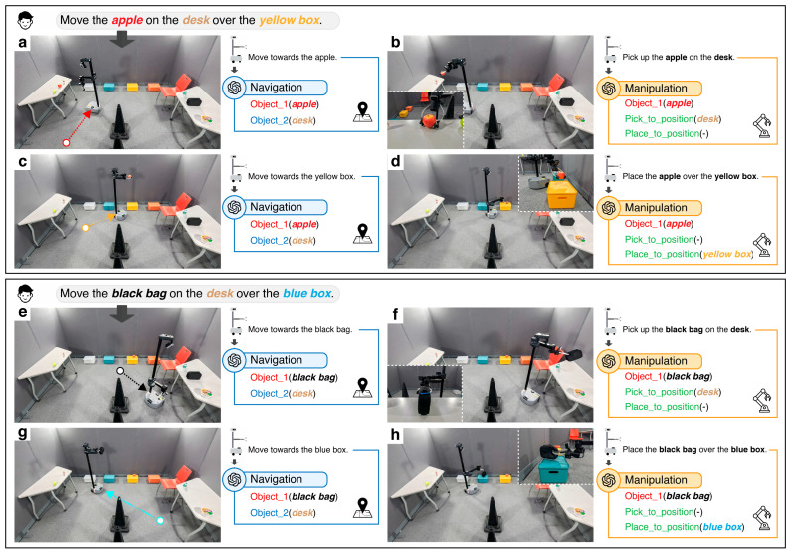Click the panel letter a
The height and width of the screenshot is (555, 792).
(22, 43)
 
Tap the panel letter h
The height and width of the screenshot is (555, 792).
(395, 435)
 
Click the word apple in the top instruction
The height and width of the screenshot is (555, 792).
(127, 20)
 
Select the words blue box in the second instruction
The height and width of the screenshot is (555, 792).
(306, 294)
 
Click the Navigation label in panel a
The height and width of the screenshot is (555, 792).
(276, 88)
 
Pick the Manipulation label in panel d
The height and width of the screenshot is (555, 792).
(656, 208)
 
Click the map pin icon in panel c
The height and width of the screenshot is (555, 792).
(362, 234)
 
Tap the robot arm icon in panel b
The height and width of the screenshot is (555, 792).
(762, 126)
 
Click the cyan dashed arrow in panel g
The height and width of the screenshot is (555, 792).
(134, 505)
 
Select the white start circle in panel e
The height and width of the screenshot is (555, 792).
(120, 371)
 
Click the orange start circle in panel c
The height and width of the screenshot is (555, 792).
(85, 228)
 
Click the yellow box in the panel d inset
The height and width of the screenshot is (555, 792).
(561, 194)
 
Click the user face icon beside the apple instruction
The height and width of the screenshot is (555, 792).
(25, 20)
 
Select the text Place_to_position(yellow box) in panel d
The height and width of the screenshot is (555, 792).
(689, 254)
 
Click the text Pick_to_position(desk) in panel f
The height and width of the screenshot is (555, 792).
(673, 392)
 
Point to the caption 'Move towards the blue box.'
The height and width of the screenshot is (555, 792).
(297, 450)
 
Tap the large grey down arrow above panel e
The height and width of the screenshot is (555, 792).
(122, 314)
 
